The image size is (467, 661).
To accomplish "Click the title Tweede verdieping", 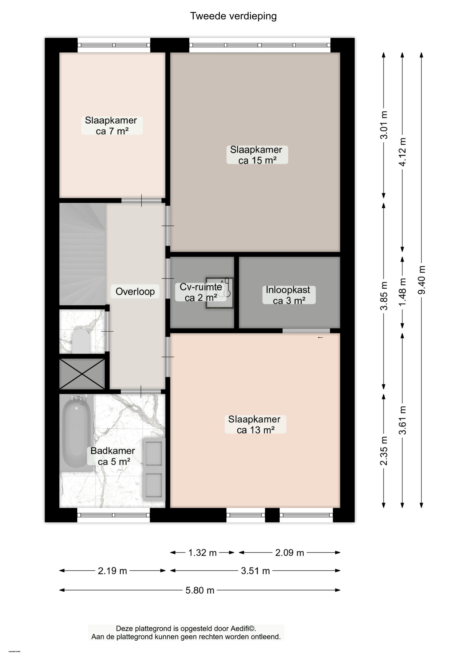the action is (233, 16).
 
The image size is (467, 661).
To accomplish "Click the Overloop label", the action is (135, 291).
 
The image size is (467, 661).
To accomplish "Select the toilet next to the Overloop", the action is (80, 341).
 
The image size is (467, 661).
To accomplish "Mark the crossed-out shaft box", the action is (82, 374).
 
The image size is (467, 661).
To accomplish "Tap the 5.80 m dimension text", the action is (200, 590).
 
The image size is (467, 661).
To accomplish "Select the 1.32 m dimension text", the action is (202, 553).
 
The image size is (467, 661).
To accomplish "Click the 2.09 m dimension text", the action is (289, 553).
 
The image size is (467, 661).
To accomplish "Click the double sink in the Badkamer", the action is (154, 469).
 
